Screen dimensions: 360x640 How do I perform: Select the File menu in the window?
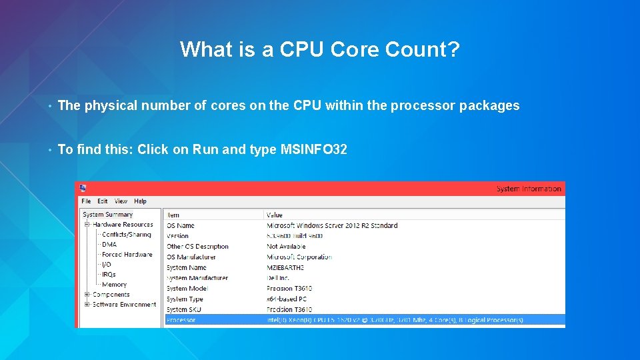coord(86,201)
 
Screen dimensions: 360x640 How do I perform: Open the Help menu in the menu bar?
coord(140,201)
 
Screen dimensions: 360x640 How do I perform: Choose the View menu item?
coord(121,201)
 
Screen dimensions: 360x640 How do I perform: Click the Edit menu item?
coord(103,201)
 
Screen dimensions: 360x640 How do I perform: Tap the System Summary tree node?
coord(107,215)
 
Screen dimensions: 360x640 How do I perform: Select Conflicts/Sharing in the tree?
coord(127,235)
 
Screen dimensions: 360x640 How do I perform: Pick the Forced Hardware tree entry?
coord(127,255)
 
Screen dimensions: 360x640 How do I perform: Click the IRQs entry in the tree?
coord(109,275)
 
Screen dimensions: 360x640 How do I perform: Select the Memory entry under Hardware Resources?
coord(114,285)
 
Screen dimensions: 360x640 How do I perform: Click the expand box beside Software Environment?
coord(87,305)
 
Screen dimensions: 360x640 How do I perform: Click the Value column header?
coord(275,215)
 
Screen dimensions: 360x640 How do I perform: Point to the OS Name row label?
coord(181,226)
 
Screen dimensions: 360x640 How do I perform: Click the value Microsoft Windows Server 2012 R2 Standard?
coord(332,226)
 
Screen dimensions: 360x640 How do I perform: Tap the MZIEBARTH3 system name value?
coord(285,268)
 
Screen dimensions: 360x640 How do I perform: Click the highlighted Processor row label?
coord(181,320)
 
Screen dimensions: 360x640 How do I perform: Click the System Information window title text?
coord(529,189)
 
